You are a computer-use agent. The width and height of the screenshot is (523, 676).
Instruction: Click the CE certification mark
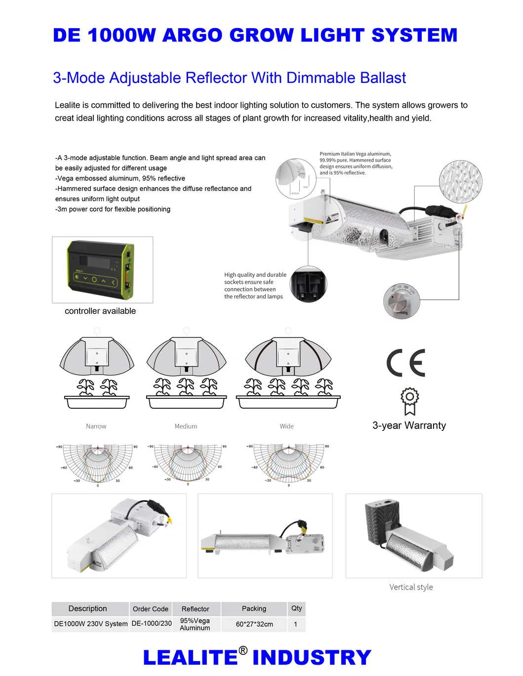coord(406,363)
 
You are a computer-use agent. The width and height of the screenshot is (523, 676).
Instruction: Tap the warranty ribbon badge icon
coord(409,401)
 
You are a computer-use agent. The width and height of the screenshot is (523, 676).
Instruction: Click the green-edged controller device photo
coord(101,269)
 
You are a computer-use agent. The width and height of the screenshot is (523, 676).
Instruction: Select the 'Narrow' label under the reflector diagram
coord(96,426)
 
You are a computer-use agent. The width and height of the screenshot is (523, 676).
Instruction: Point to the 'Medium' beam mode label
coord(186,426)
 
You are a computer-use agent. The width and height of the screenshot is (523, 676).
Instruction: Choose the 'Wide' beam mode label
coord(286,426)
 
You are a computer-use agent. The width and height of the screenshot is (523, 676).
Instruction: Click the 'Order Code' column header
coord(151,609)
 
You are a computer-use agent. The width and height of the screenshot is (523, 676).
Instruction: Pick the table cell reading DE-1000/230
coord(152,624)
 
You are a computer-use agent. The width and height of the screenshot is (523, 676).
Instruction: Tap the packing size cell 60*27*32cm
coord(254,624)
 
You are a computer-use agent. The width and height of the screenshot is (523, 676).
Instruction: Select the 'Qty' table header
coord(296,608)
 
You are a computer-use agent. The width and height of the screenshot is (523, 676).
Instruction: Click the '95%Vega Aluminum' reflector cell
coord(195,624)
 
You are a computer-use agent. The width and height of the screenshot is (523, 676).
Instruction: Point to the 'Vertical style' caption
coord(411,587)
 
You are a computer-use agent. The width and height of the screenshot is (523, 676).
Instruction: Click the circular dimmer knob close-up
coord(402,301)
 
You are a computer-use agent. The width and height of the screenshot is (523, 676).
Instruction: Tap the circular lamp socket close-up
coord(308,285)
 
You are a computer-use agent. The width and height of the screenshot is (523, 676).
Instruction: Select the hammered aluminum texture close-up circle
coord(460,181)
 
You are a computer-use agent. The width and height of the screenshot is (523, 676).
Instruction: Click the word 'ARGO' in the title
coord(192,35)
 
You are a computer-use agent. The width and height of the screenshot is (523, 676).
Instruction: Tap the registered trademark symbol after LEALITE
coord(243,650)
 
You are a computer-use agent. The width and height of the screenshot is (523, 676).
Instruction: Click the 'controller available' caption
coord(100,311)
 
